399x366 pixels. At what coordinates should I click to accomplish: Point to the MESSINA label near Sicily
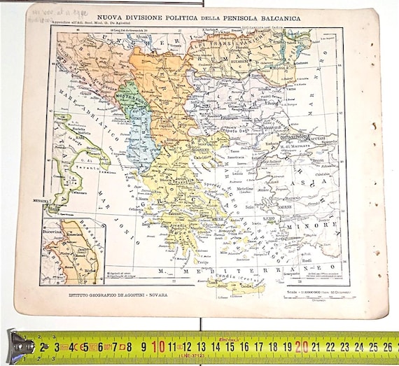coord(53,201)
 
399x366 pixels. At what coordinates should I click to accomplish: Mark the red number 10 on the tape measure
coord(158,345)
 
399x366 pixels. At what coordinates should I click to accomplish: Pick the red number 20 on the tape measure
coord(301,345)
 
